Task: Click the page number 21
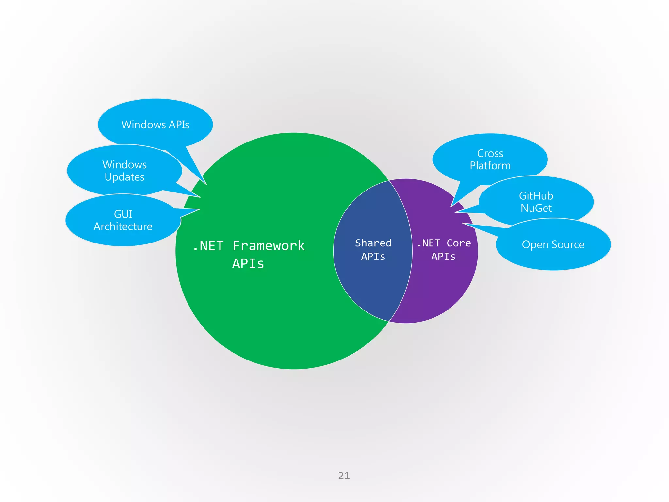point(344,476)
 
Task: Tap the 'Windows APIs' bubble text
point(155,125)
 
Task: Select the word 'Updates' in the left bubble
point(124,177)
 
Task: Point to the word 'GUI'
point(123,214)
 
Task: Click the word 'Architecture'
point(123,226)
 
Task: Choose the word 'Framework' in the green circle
point(269,246)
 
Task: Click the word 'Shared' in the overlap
point(373,243)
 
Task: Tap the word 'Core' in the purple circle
point(459,243)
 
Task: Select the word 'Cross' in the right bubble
point(490,153)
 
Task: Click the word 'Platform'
point(490,166)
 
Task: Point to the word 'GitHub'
point(536,196)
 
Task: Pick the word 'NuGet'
point(536,208)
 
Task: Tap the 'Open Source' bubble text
point(553,244)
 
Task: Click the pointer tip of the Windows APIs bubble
point(206,184)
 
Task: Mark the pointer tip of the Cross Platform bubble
point(451,207)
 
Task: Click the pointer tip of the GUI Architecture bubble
point(199,209)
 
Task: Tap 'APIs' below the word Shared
point(373,257)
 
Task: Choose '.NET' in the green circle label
point(208,246)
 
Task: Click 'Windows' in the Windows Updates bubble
point(124,164)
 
